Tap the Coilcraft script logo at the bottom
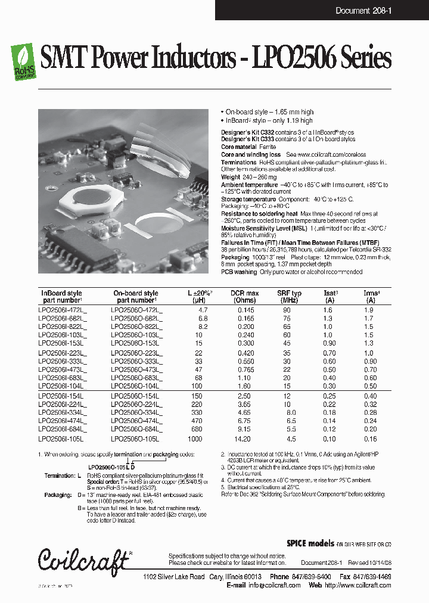(84, 559)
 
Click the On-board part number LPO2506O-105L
(135, 439)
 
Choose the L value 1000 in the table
(195, 439)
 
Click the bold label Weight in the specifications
(231, 177)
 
